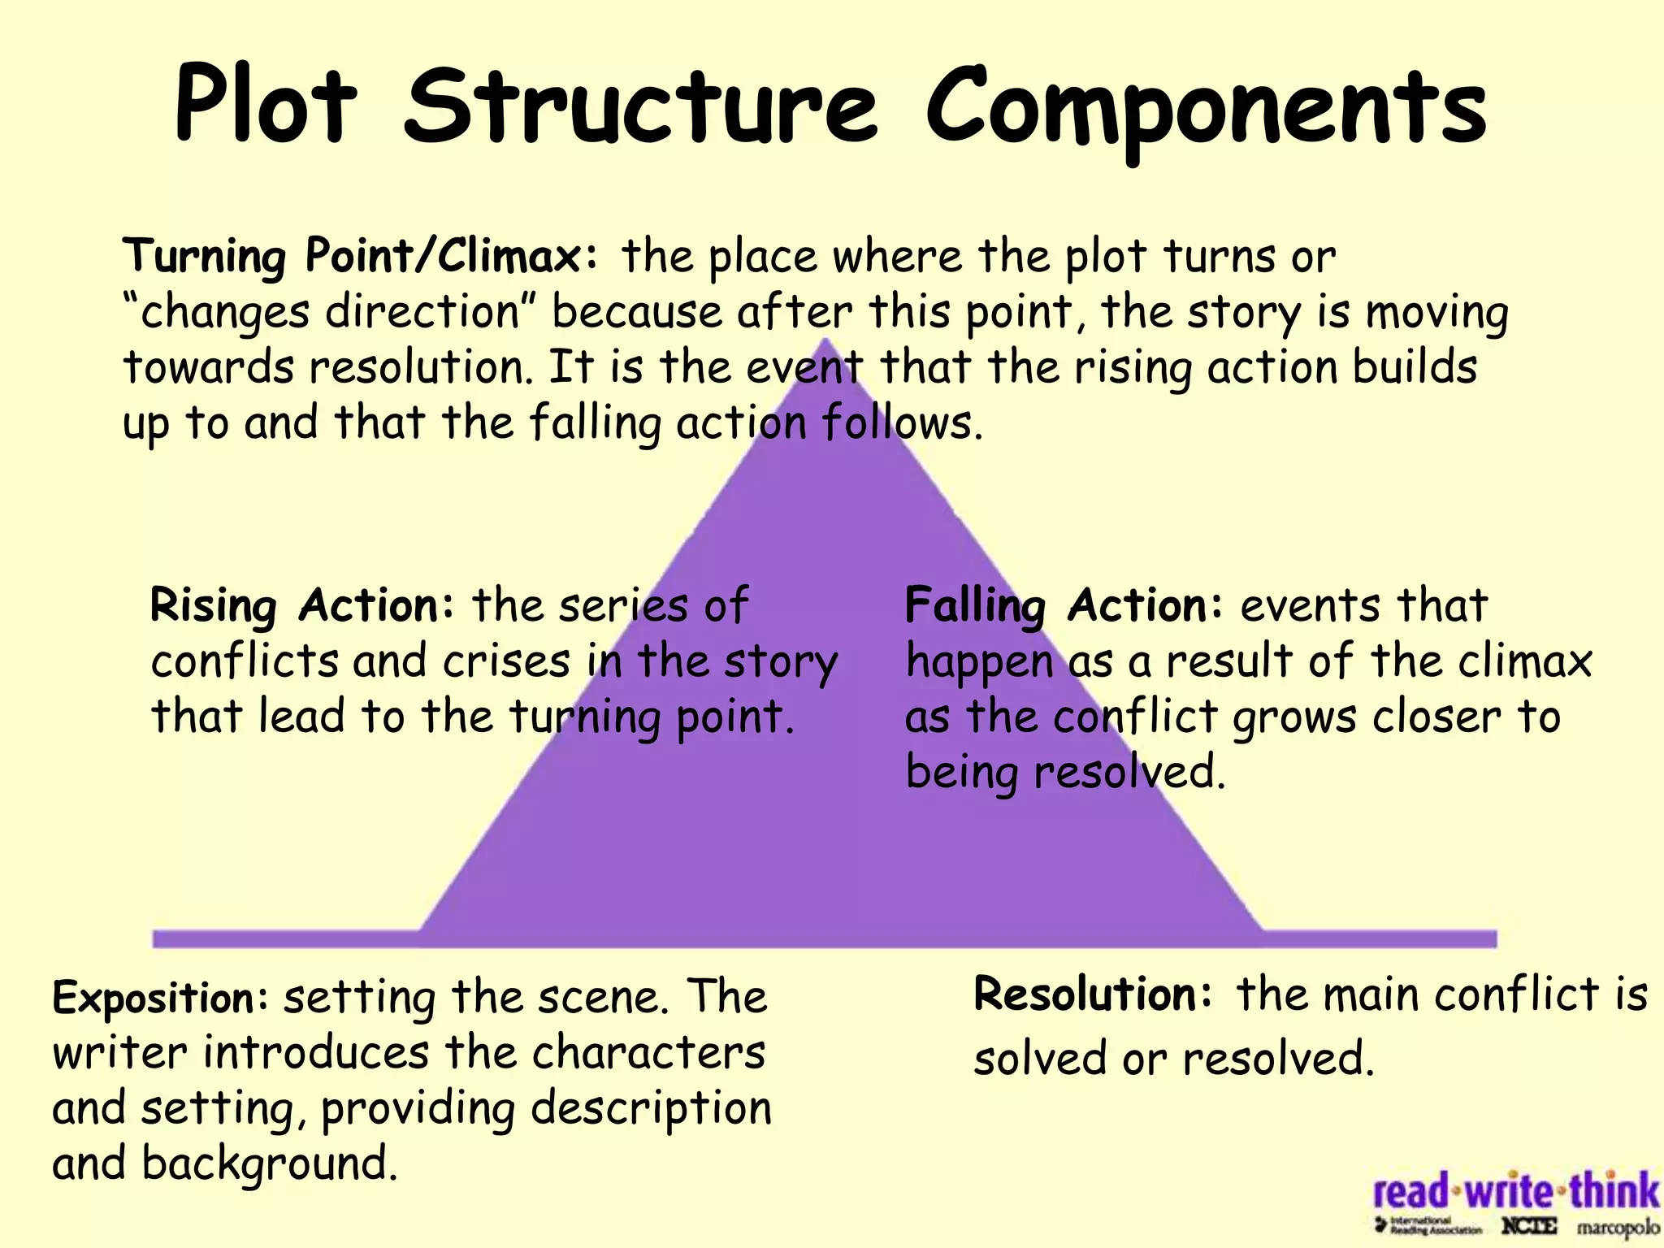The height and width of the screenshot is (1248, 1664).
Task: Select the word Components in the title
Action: point(1206,110)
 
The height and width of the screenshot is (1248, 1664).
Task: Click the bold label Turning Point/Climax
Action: point(362,256)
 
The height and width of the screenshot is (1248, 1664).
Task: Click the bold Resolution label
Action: point(1094,994)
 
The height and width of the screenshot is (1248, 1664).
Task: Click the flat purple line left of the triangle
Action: point(284,938)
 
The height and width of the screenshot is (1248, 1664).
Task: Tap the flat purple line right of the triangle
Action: point(1381,938)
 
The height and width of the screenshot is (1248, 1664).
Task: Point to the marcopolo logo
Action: point(1617,1228)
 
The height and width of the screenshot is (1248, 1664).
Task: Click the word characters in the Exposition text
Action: point(648,1054)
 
